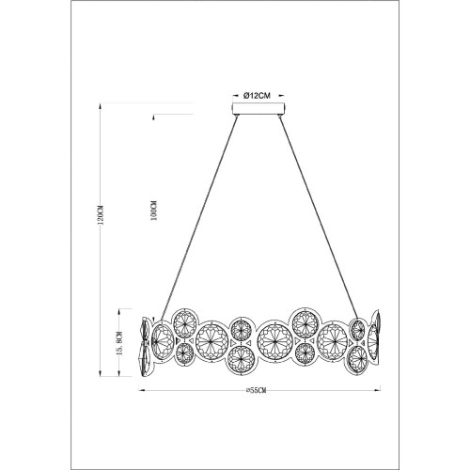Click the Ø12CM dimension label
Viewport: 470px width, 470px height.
[257, 96]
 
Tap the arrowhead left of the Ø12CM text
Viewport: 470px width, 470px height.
[235, 96]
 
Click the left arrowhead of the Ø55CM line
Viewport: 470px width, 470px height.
[142, 389]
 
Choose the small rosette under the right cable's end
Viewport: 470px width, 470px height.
[357, 328]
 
